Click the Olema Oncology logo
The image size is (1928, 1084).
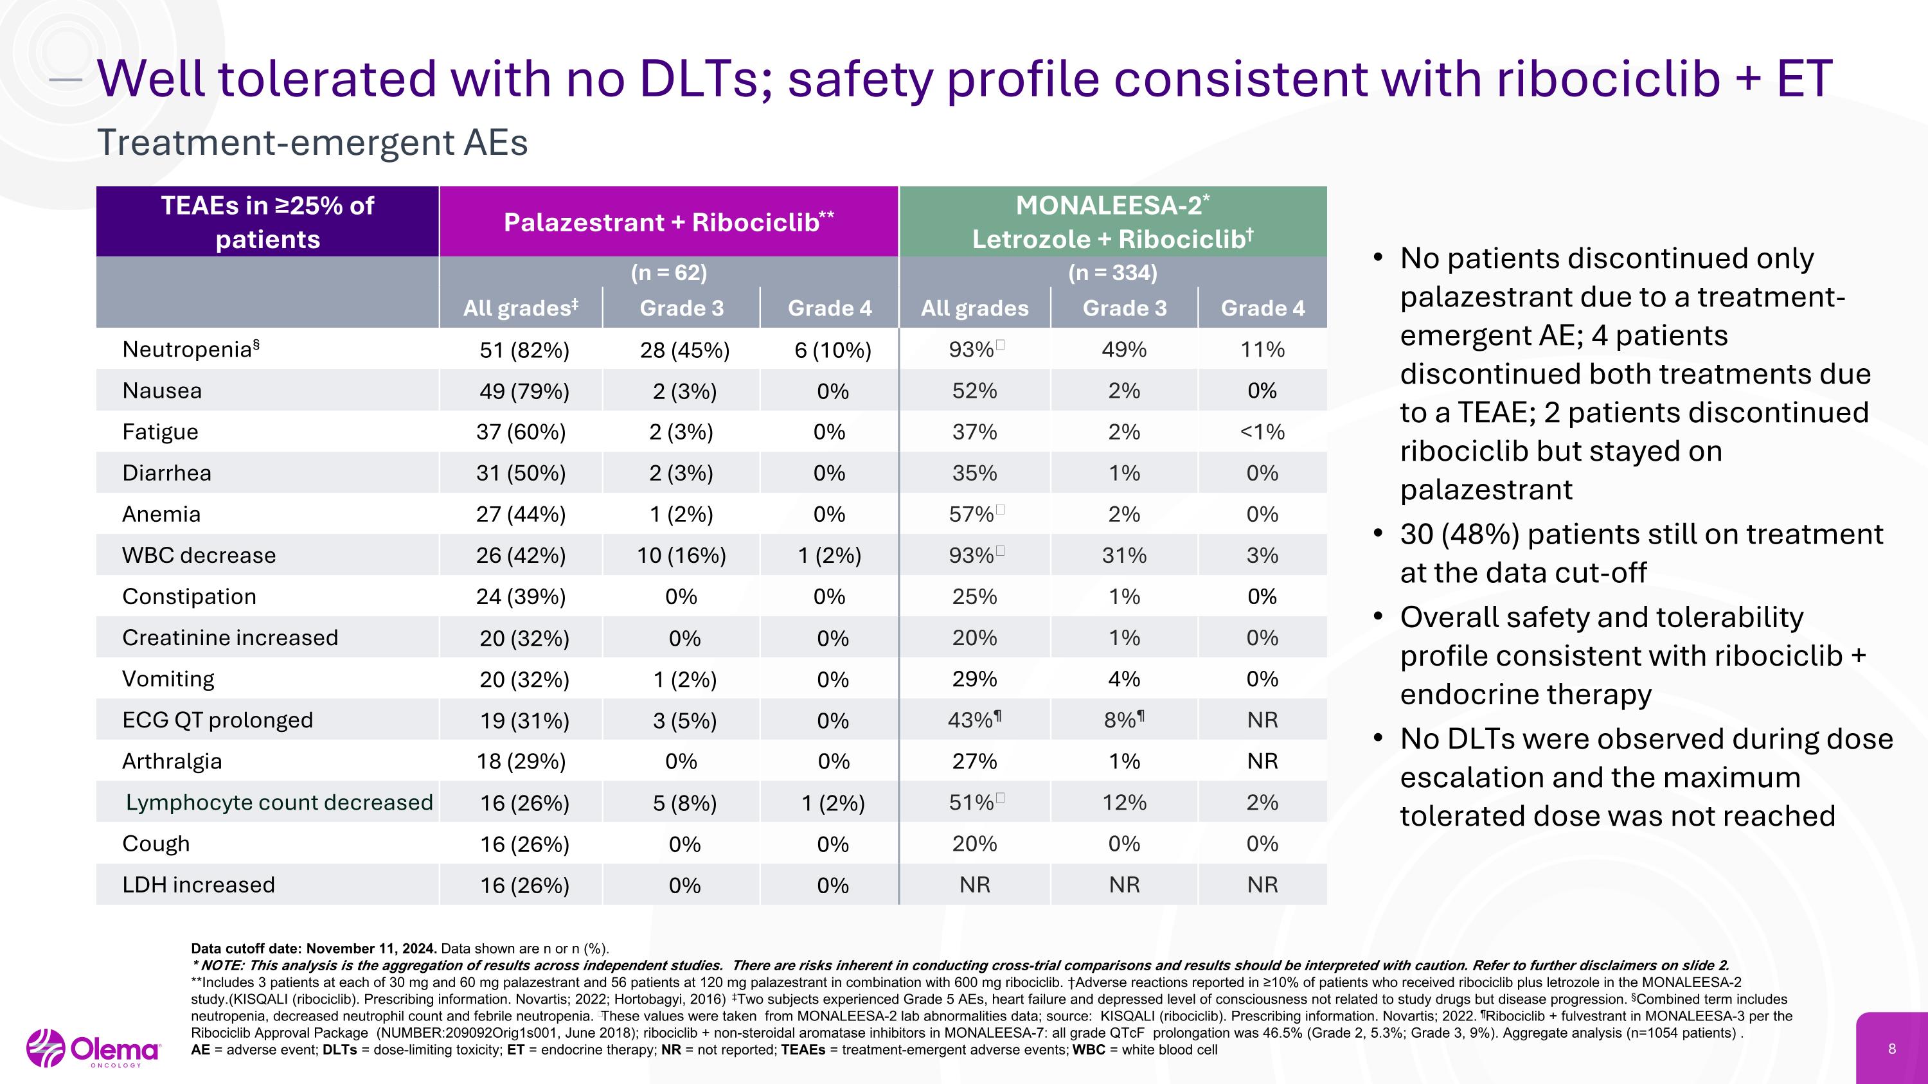94,1048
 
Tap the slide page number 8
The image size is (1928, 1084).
1892,1049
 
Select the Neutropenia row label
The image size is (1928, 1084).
191,349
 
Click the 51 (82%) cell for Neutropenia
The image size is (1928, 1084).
524,350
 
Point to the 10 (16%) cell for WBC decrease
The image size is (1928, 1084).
681,555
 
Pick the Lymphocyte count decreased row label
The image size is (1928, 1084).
279,802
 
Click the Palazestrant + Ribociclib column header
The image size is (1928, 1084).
669,222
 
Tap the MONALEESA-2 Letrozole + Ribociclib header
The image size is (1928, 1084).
1113,222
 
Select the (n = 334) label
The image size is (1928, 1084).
1113,272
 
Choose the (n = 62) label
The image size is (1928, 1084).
669,272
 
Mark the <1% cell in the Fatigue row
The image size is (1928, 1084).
1263,432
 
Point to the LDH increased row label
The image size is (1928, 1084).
199,884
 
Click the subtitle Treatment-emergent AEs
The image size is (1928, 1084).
312,142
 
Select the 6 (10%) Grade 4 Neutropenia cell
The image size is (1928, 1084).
833,350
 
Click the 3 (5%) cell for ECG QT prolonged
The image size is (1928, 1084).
685,720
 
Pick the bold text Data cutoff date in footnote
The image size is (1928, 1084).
247,948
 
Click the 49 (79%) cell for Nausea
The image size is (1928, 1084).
524,391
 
